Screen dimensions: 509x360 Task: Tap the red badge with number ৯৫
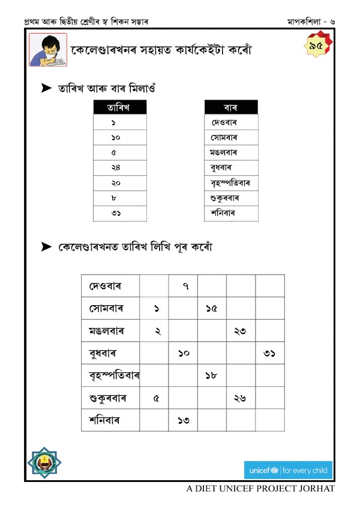click(x=316, y=46)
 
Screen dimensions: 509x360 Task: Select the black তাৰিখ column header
click(x=119, y=107)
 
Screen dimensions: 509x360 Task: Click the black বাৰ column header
click(x=231, y=107)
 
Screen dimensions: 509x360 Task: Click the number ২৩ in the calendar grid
click(x=240, y=331)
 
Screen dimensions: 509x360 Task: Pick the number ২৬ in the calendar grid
click(x=240, y=398)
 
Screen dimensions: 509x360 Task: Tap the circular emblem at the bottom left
click(x=47, y=462)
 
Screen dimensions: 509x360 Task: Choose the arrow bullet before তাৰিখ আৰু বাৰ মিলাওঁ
click(x=46, y=88)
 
